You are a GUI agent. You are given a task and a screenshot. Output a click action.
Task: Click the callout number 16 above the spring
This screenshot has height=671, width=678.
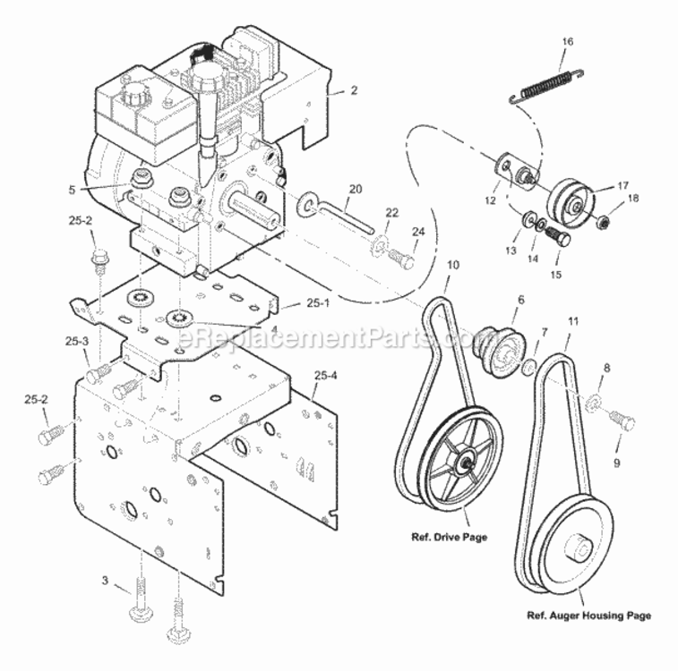tap(568, 41)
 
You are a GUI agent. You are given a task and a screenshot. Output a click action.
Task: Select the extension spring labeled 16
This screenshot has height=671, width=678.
tap(546, 86)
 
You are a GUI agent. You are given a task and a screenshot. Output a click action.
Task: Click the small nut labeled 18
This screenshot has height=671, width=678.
tap(602, 222)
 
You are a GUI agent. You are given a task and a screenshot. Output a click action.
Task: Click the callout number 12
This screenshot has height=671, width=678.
tap(490, 200)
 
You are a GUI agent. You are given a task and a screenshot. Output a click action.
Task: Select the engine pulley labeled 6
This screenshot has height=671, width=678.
tap(499, 352)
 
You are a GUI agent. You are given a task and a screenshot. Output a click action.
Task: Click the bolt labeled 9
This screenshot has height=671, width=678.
tap(622, 420)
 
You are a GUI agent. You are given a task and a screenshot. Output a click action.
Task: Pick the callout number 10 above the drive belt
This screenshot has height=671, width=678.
tap(452, 264)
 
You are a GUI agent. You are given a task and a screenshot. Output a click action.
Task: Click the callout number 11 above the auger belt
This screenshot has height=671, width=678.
tap(573, 321)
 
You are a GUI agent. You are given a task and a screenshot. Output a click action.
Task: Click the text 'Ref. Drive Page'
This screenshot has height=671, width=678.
tap(449, 537)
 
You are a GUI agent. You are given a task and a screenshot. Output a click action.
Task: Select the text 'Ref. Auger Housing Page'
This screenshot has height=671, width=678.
tap(589, 616)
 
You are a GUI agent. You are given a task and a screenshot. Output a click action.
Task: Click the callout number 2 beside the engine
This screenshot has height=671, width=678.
tap(354, 89)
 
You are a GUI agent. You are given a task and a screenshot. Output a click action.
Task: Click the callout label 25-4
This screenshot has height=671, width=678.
tap(326, 375)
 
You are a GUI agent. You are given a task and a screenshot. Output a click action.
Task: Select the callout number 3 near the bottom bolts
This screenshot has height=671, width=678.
tap(105, 580)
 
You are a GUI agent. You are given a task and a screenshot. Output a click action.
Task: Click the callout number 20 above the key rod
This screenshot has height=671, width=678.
tap(356, 189)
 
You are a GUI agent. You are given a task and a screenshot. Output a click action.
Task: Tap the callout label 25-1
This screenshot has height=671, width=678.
tap(318, 303)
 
